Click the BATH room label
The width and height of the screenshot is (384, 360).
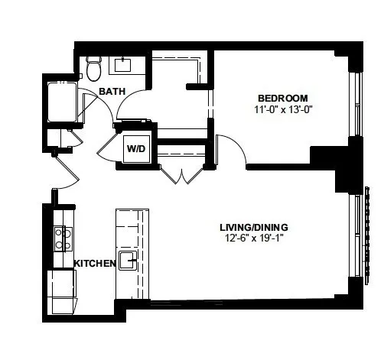click(112, 92)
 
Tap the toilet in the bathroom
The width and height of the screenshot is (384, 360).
click(94, 68)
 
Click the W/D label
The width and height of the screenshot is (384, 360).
click(137, 148)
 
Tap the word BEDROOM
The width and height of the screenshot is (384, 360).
click(282, 98)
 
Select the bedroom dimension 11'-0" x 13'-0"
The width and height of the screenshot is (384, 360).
click(282, 109)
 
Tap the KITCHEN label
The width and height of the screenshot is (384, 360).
click(94, 263)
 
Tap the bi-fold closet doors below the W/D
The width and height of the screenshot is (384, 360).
click(181, 175)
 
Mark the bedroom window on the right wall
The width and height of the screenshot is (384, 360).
click(353, 107)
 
